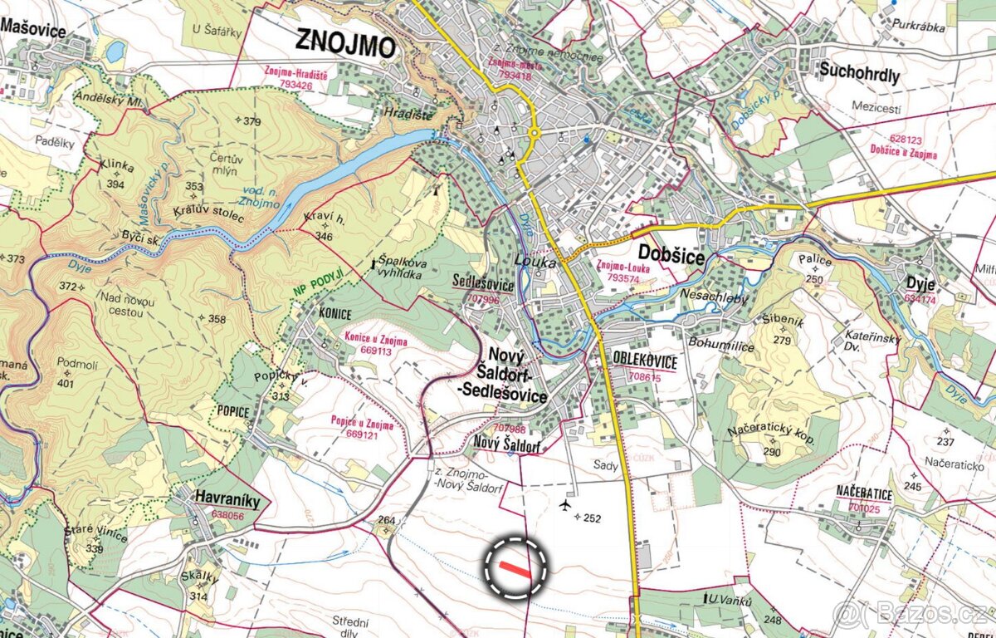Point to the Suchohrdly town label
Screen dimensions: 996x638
[x=859, y=74]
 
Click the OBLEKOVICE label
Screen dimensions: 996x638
[x=645, y=362]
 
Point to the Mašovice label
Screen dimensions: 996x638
[x=33, y=27]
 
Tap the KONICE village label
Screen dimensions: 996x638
[x=335, y=313]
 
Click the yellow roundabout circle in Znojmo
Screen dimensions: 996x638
[x=533, y=133]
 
